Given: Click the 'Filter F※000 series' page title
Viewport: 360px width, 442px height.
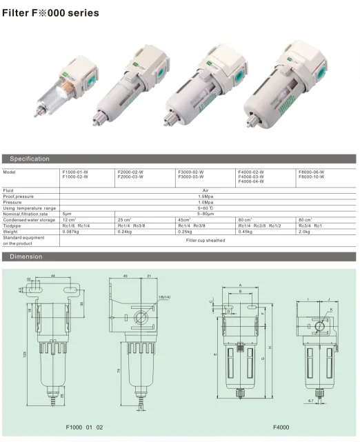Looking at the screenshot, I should coord(50,13).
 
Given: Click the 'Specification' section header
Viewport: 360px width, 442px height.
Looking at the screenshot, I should coord(30,159).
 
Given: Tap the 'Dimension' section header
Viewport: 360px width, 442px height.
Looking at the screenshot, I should coord(26,257).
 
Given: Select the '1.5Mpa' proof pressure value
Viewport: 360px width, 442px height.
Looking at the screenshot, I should coord(205,196).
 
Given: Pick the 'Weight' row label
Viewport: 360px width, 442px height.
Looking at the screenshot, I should coord(12,232).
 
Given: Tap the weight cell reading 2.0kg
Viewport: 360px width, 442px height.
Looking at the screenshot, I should coord(304,232).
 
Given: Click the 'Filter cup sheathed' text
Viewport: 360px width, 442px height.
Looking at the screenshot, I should coord(205,241).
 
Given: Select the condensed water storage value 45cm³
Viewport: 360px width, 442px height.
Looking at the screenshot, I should coord(184,219).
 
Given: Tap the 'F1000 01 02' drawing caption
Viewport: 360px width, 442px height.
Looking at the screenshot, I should coord(83,428).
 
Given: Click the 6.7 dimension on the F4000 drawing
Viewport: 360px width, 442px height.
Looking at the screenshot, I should coord(310,399).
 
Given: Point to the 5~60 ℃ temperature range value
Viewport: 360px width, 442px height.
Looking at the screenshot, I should coord(205,208).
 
